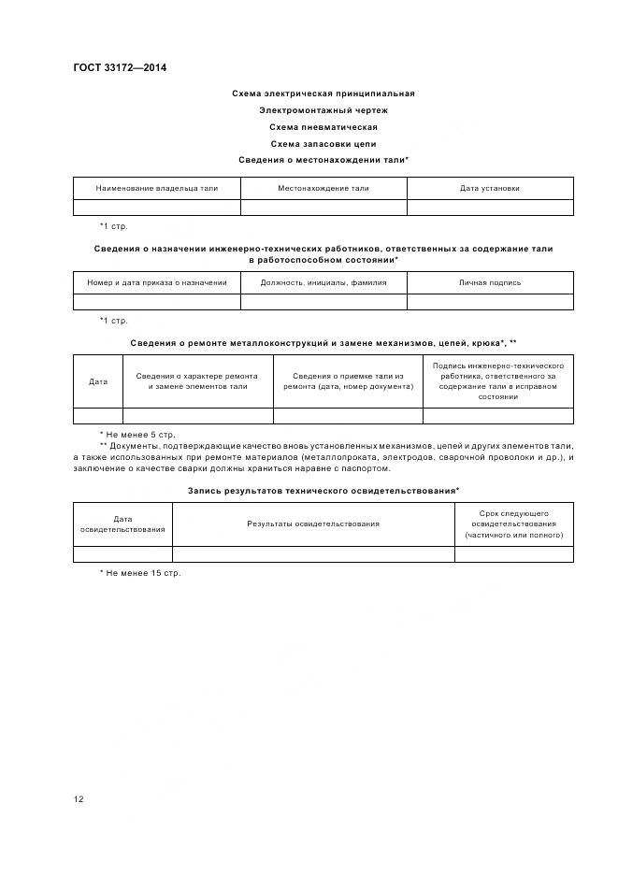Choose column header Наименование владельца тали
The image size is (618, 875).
157,188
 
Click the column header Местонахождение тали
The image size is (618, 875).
323,188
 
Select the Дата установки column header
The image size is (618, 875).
490,188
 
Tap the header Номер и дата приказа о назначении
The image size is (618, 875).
157,282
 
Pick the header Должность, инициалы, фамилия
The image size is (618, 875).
323,282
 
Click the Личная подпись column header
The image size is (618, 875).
490,282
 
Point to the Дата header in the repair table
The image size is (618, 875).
98,381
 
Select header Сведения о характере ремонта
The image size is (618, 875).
198,381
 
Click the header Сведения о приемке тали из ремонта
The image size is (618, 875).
348,381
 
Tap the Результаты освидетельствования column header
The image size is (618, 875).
313,524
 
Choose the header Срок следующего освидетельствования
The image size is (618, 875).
514,524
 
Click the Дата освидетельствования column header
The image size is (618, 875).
123,524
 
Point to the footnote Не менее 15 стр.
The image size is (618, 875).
140,573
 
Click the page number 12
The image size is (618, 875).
79,799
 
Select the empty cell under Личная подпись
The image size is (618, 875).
490,301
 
